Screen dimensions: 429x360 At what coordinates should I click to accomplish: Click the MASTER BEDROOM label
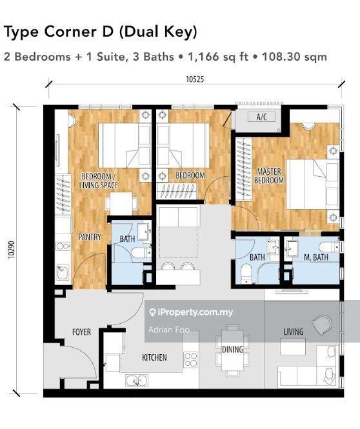tap(269, 176)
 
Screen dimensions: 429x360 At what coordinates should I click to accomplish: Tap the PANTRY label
tap(90, 237)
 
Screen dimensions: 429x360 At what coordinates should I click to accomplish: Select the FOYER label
tap(81, 332)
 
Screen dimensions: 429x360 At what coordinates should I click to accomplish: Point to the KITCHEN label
tap(154, 357)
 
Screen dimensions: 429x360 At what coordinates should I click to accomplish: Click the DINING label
tap(232, 350)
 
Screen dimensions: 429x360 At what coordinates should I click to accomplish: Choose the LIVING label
tap(293, 332)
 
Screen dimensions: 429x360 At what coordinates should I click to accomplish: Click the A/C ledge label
tap(262, 117)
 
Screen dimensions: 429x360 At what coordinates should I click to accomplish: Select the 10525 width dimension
tap(194, 81)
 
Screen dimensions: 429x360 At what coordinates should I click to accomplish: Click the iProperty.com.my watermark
tap(191, 313)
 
